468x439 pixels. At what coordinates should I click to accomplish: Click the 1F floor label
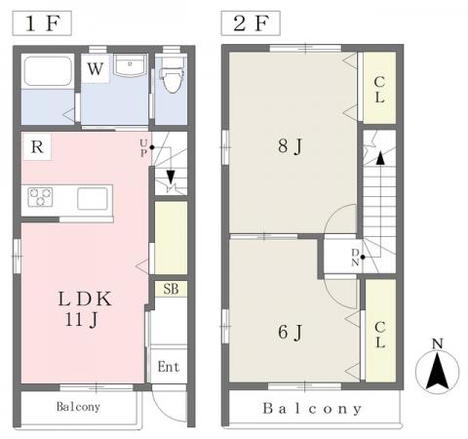[42, 23]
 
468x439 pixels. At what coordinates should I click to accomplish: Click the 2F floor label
[251, 23]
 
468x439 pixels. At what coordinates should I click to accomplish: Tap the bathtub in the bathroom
[48, 71]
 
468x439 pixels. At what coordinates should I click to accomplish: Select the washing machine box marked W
[96, 68]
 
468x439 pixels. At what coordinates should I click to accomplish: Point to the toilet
[172, 76]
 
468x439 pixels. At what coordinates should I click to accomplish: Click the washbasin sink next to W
[130, 65]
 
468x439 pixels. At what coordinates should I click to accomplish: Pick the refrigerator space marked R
[37, 147]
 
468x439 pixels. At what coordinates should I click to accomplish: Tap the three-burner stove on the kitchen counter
[40, 197]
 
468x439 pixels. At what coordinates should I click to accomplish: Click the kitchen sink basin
[93, 198]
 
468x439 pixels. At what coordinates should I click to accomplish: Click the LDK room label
[85, 299]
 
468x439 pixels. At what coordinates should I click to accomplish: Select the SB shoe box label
[171, 289]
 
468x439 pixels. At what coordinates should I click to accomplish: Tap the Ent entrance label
[169, 367]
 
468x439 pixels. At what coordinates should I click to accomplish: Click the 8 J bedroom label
[290, 146]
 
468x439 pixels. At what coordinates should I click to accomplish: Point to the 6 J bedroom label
[290, 333]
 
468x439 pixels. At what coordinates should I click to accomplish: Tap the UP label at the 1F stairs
[143, 148]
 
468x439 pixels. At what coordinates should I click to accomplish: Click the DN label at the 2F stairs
[355, 258]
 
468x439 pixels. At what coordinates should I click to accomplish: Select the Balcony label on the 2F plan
[312, 409]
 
